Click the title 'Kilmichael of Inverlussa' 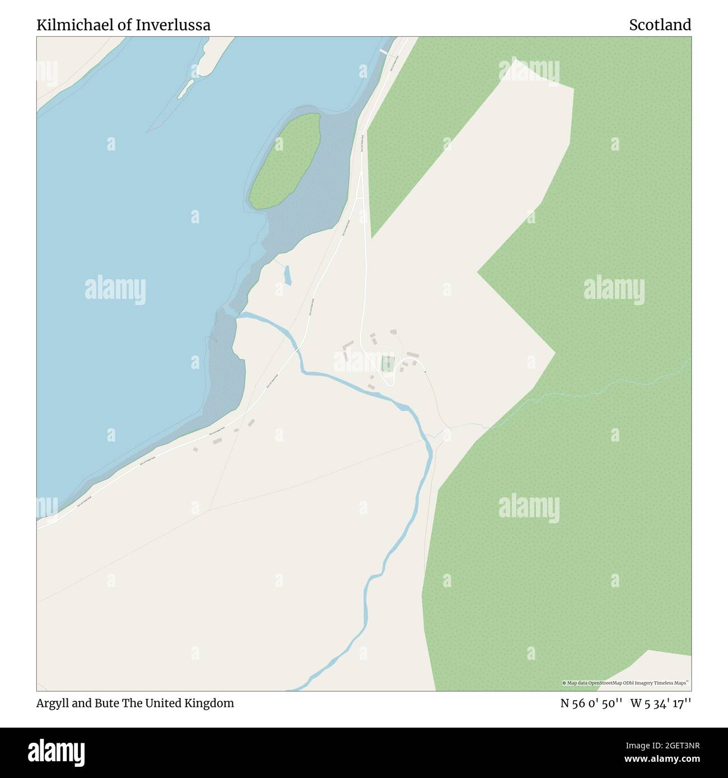point(124,25)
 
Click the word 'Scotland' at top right point(660,25)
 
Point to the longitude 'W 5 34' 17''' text point(661,703)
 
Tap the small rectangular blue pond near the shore point(287,275)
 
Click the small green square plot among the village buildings point(387,363)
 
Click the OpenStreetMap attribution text point(626,683)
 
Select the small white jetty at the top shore point(384,52)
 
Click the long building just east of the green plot point(413,355)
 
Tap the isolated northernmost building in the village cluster point(393,332)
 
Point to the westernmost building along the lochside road point(195,449)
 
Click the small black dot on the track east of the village point(425,372)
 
